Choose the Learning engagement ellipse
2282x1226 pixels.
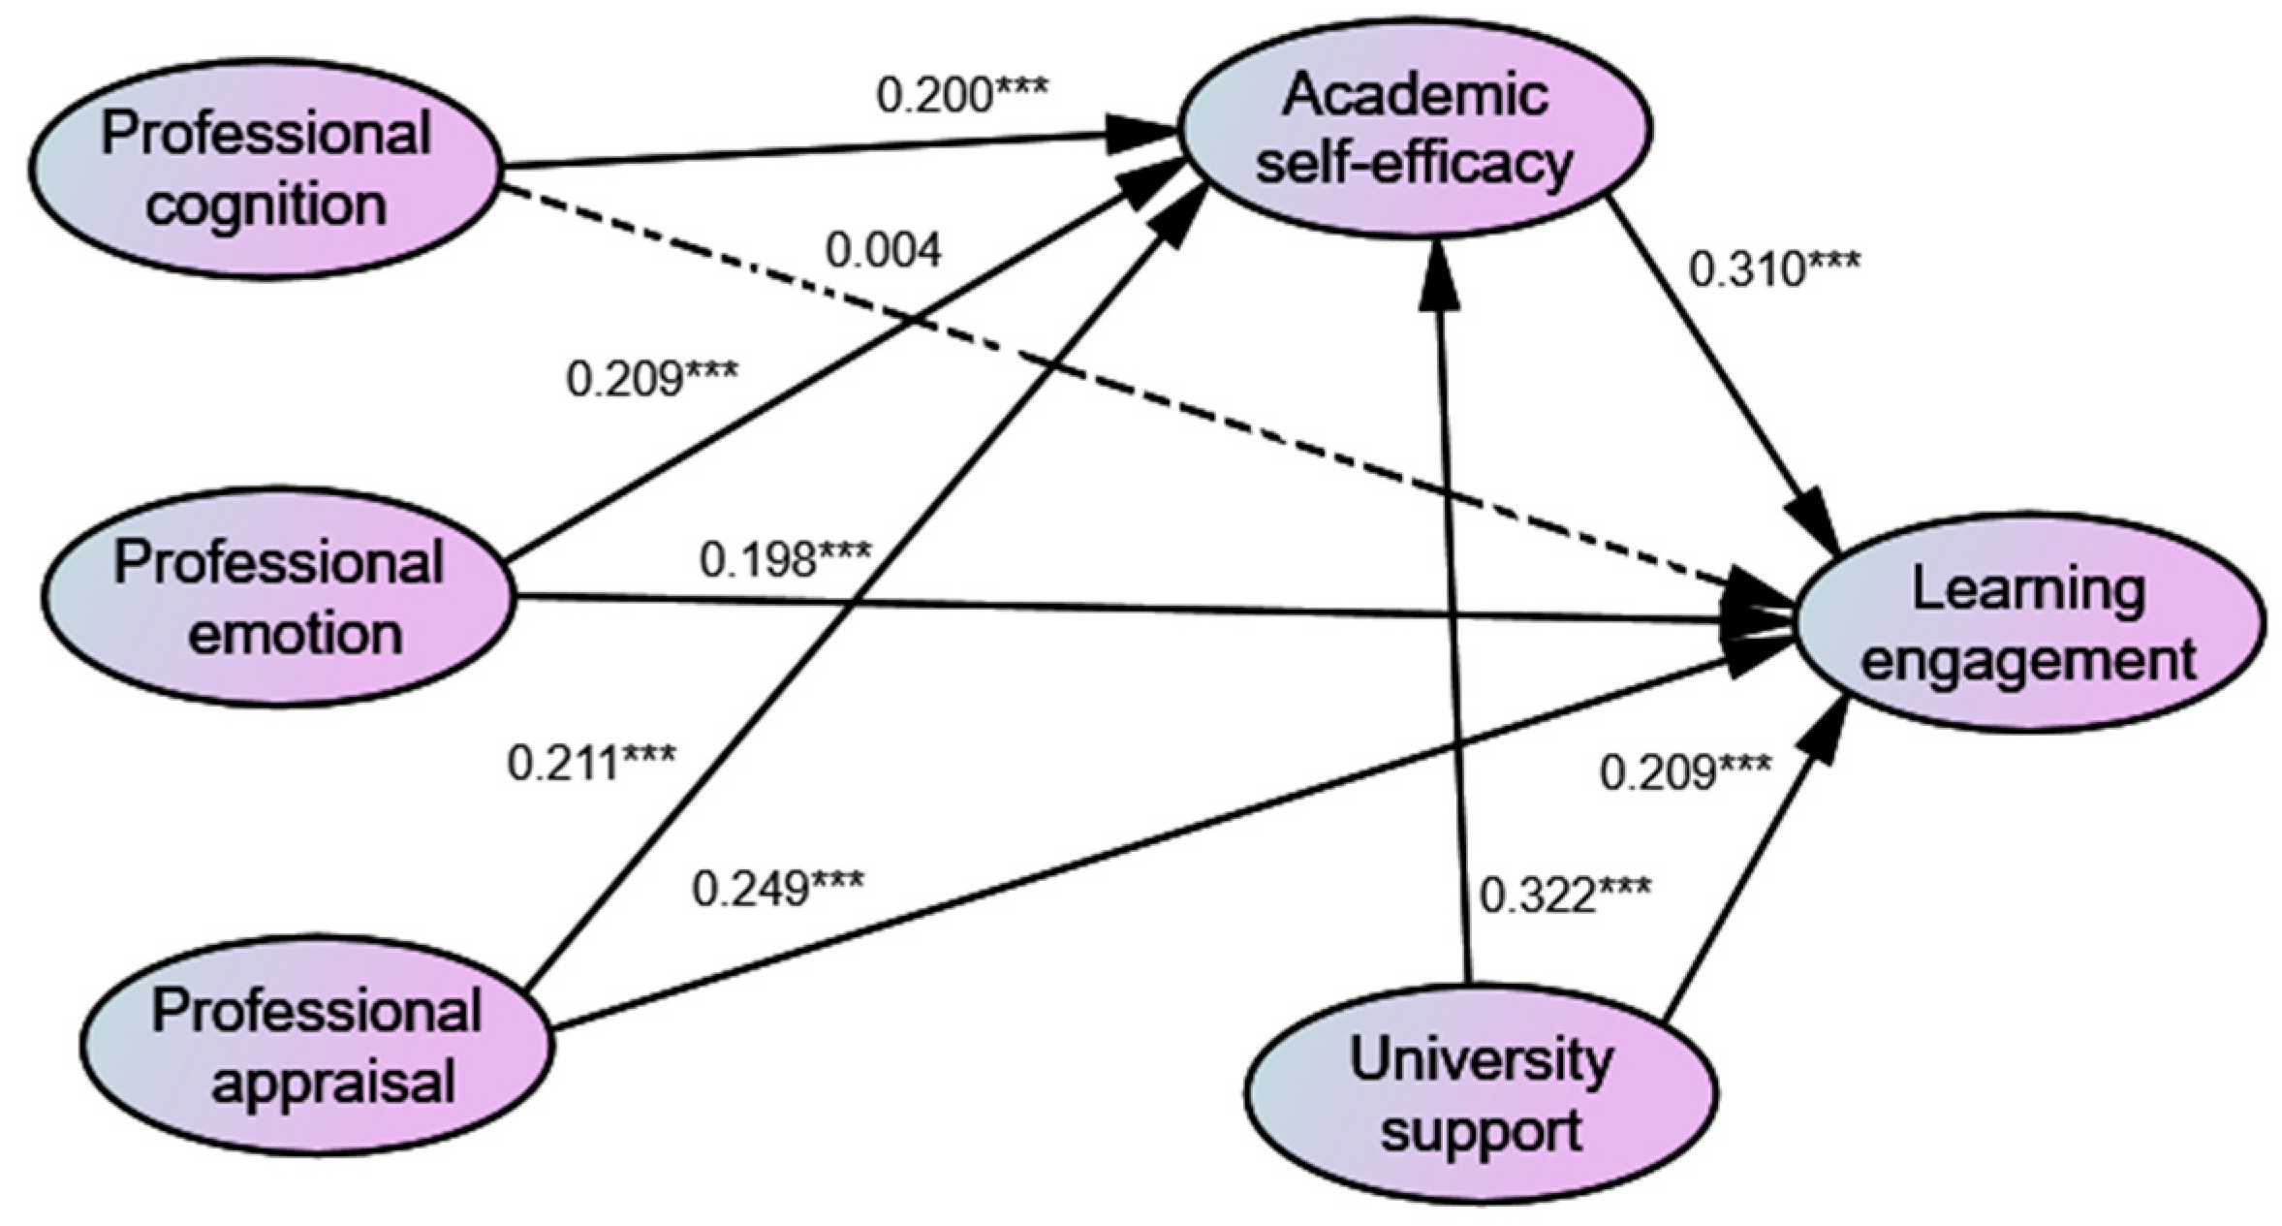[x=2030, y=626]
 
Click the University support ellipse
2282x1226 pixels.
[x=1480, y=1095]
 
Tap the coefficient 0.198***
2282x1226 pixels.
[x=785, y=560]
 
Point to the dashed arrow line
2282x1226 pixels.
[x=1114, y=388]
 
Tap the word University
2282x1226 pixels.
[x=1480, y=1058]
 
